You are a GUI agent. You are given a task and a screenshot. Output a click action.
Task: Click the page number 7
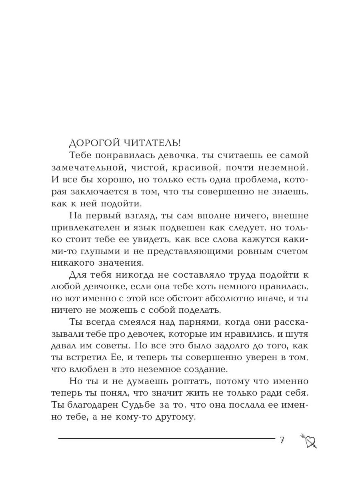282,440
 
